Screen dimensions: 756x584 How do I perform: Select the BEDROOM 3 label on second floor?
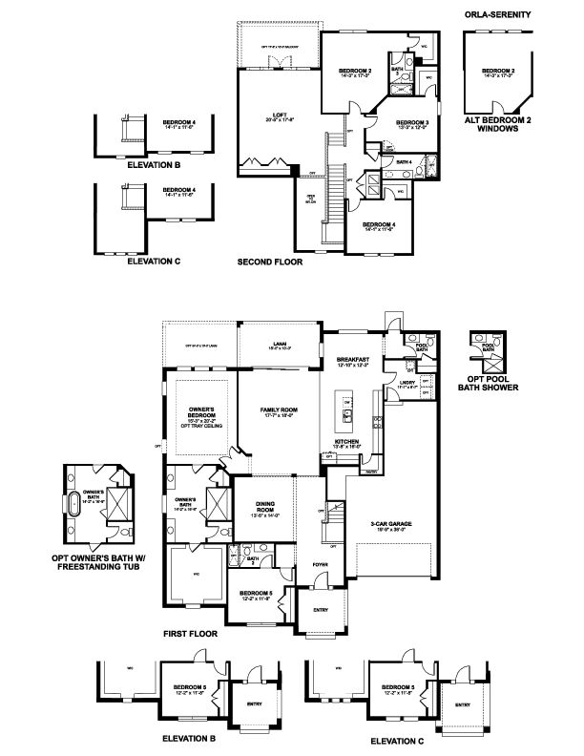tap(411, 123)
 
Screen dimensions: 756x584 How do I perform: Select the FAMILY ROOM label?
tap(280, 409)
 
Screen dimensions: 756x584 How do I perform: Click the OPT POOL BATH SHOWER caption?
tap(494, 384)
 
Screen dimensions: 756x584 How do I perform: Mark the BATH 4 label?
tap(403, 162)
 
